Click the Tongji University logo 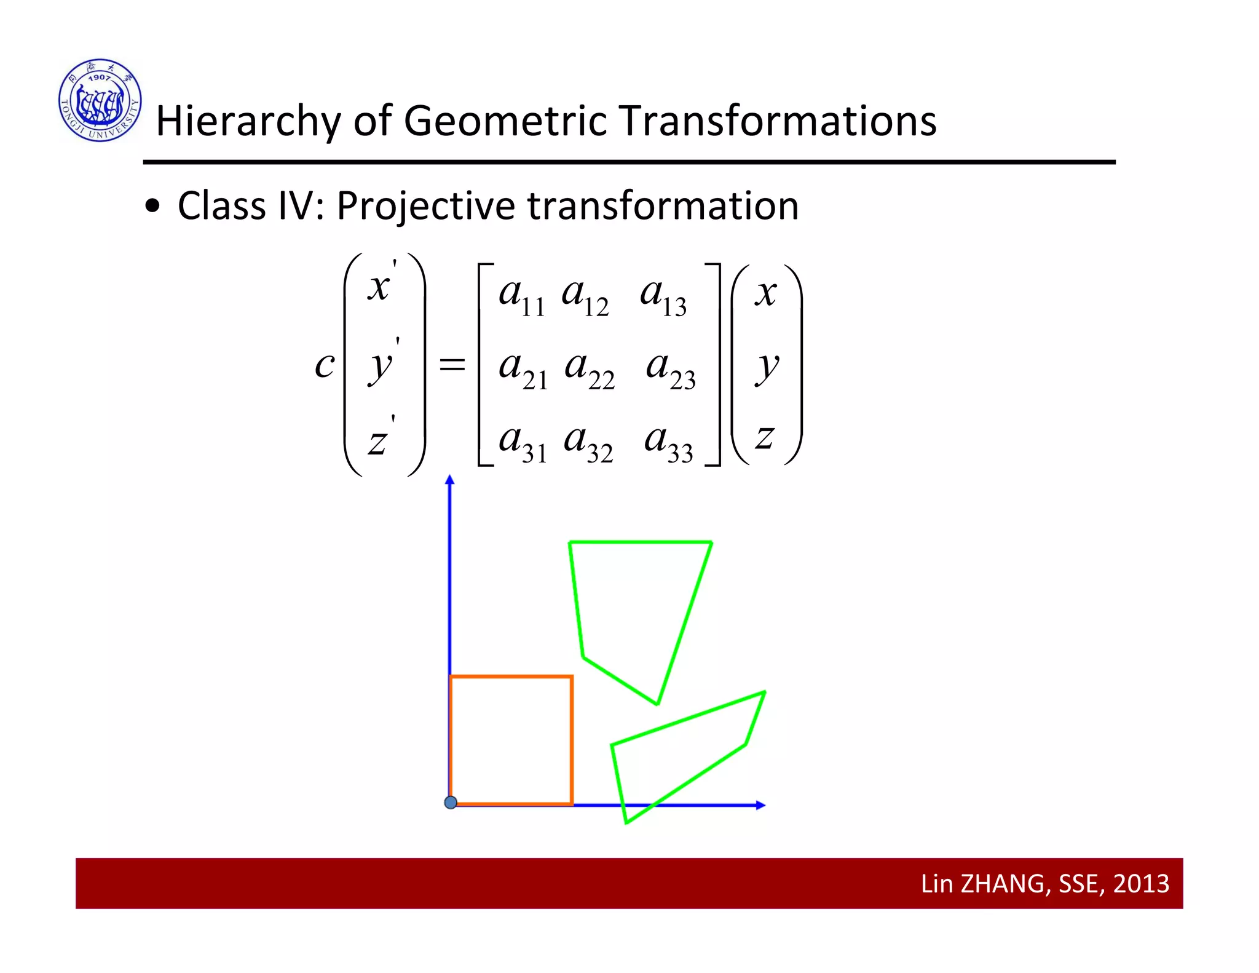pyautogui.click(x=100, y=100)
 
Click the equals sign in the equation pyautogui.click(x=452, y=365)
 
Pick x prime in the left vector pyautogui.click(x=382, y=284)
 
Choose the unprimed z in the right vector pyautogui.click(x=764, y=437)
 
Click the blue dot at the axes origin pyautogui.click(x=451, y=802)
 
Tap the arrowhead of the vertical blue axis pyautogui.click(x=450, y=480)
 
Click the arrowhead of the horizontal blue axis pyautogui.click(x=760, y=805)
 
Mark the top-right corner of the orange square pyautogui.click(x=572, y=677)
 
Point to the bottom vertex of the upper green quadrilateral pyautogui.click(x=657, y=704)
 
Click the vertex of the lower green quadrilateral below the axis pyautogui.click(x=626, y=822)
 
